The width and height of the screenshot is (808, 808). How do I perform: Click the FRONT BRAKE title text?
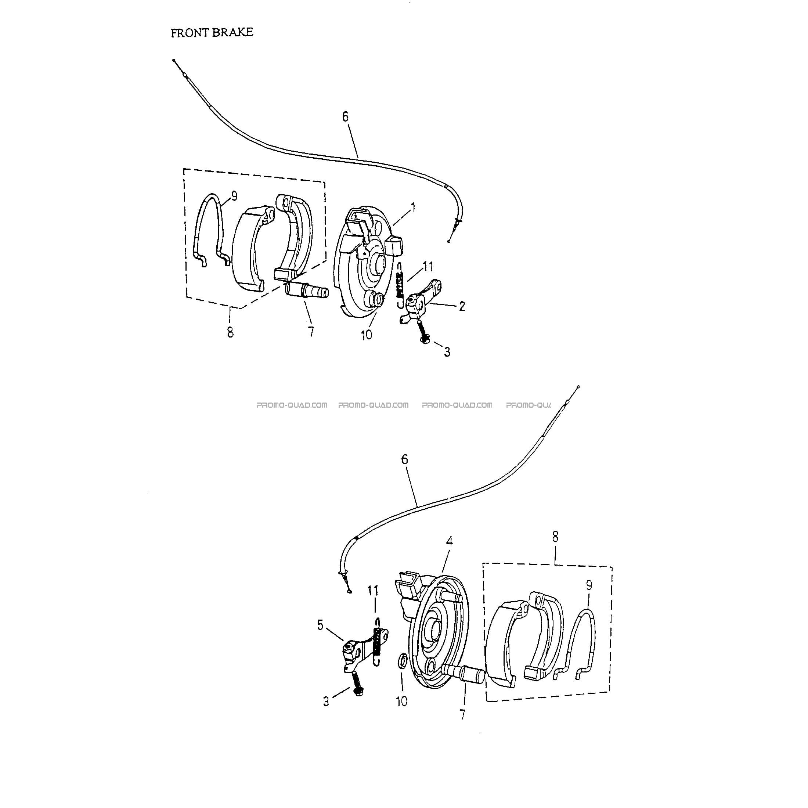pyautogui.click(x=212, y=33)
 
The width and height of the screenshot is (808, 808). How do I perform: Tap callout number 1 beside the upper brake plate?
pyautogui.click(x=413, y=207)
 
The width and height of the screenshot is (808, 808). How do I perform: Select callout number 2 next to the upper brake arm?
pyautogui.click(x=462, y=306)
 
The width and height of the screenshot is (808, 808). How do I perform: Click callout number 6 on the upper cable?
pyautogui.click(x=345, y=117)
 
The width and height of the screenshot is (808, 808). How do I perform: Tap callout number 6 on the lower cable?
pyautogui.click(x=404, y=459)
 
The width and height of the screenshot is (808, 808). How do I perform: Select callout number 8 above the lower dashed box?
pyautogui.click(x=555, y=537)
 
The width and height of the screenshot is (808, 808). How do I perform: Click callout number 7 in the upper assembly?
pyautogui.click(x=311, y=332)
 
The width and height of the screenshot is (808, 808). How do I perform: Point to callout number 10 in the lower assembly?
pyautogui.click(x=401, y=701)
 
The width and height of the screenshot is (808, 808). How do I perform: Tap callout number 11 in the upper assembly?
pyautogui.click(x=428, y=266)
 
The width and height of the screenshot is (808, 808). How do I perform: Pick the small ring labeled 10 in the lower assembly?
pyautogui.click(x=402, y=662)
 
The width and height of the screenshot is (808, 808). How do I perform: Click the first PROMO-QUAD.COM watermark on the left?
pyautogui.click(x=292, y=405)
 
